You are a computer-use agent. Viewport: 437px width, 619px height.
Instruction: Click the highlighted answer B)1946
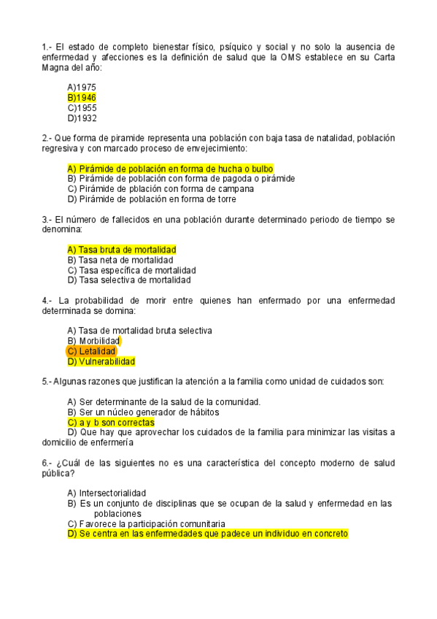[82, 98]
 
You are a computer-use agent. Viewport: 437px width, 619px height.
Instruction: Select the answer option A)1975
[82, 88]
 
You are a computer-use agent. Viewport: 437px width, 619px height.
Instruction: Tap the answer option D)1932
[82, 118]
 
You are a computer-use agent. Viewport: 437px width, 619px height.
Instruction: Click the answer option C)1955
[82, 108]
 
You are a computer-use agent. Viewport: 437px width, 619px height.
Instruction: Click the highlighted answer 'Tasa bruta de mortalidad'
[122, 250]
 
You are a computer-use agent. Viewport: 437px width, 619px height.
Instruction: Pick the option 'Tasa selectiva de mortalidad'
[128, 280]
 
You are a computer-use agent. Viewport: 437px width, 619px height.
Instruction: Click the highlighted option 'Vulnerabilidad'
[101, 361]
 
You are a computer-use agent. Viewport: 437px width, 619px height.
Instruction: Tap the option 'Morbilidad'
[93, 341]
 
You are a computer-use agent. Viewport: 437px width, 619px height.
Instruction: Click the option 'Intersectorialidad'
[107, 493]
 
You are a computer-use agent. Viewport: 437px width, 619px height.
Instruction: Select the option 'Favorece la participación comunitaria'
[146, 523]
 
